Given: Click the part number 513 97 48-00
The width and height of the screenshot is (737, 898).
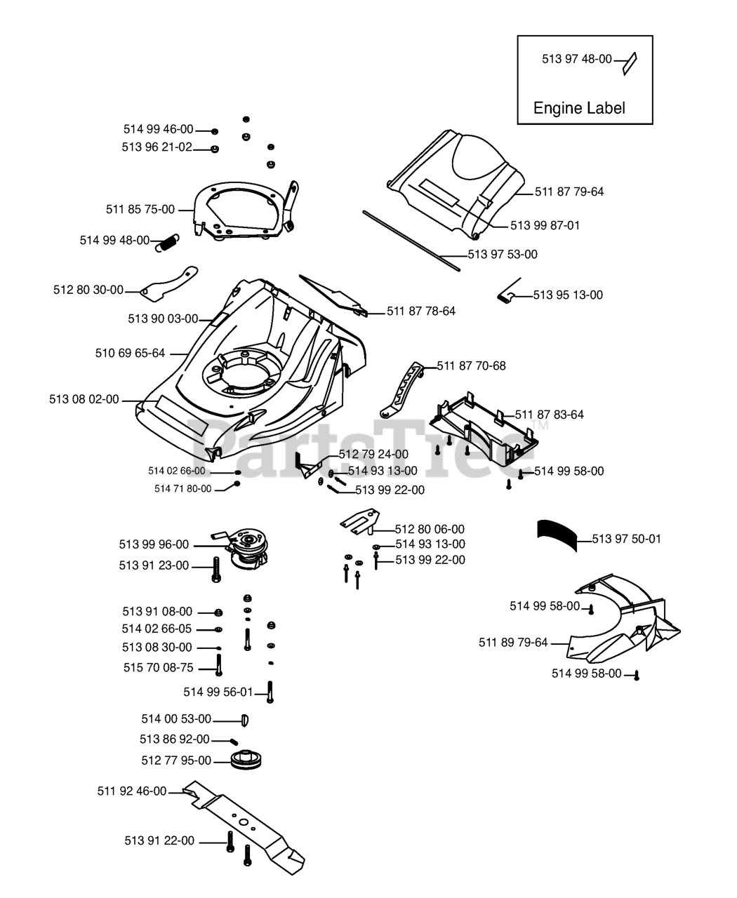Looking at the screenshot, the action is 577,59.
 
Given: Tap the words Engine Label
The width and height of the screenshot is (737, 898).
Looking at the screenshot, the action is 579,108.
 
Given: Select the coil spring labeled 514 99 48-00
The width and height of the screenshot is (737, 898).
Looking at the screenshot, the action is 167,243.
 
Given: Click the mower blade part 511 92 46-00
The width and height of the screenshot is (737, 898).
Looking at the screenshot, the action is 244,827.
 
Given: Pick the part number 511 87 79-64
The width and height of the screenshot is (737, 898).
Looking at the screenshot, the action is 569,192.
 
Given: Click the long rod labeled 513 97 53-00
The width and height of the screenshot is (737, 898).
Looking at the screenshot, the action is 411,241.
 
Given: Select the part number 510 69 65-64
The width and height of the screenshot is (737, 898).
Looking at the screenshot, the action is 130,353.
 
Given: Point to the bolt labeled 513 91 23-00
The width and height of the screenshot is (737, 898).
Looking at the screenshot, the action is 216,569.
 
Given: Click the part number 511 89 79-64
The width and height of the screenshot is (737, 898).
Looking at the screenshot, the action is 513,643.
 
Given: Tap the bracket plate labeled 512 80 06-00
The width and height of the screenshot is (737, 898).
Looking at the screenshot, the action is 360,521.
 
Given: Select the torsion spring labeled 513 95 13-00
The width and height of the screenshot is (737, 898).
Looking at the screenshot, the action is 509,291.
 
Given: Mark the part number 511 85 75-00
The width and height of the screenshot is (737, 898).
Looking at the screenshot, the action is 140,210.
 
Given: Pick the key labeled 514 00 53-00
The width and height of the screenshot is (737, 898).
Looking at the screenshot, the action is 245,720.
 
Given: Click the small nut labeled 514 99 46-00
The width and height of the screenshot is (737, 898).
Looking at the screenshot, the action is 215,131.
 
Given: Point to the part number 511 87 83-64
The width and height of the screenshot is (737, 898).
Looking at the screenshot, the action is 549,415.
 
